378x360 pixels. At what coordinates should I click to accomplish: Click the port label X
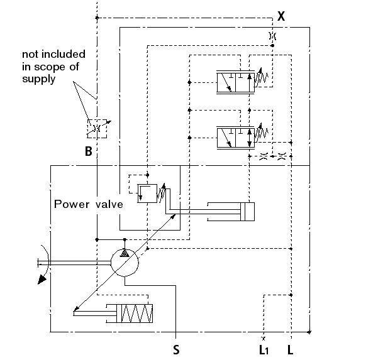(x=281, y=16)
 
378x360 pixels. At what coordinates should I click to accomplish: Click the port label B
(x=89, y=151)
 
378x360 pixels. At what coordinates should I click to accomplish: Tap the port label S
(x=177, y=347)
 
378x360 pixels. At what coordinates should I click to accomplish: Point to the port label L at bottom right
(x=290, y=347)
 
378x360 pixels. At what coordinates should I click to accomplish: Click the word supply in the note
(x=39, y=79)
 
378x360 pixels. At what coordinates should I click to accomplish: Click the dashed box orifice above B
(x=97, y=128)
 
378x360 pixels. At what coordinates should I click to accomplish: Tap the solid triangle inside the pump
(x=125, y=253)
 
